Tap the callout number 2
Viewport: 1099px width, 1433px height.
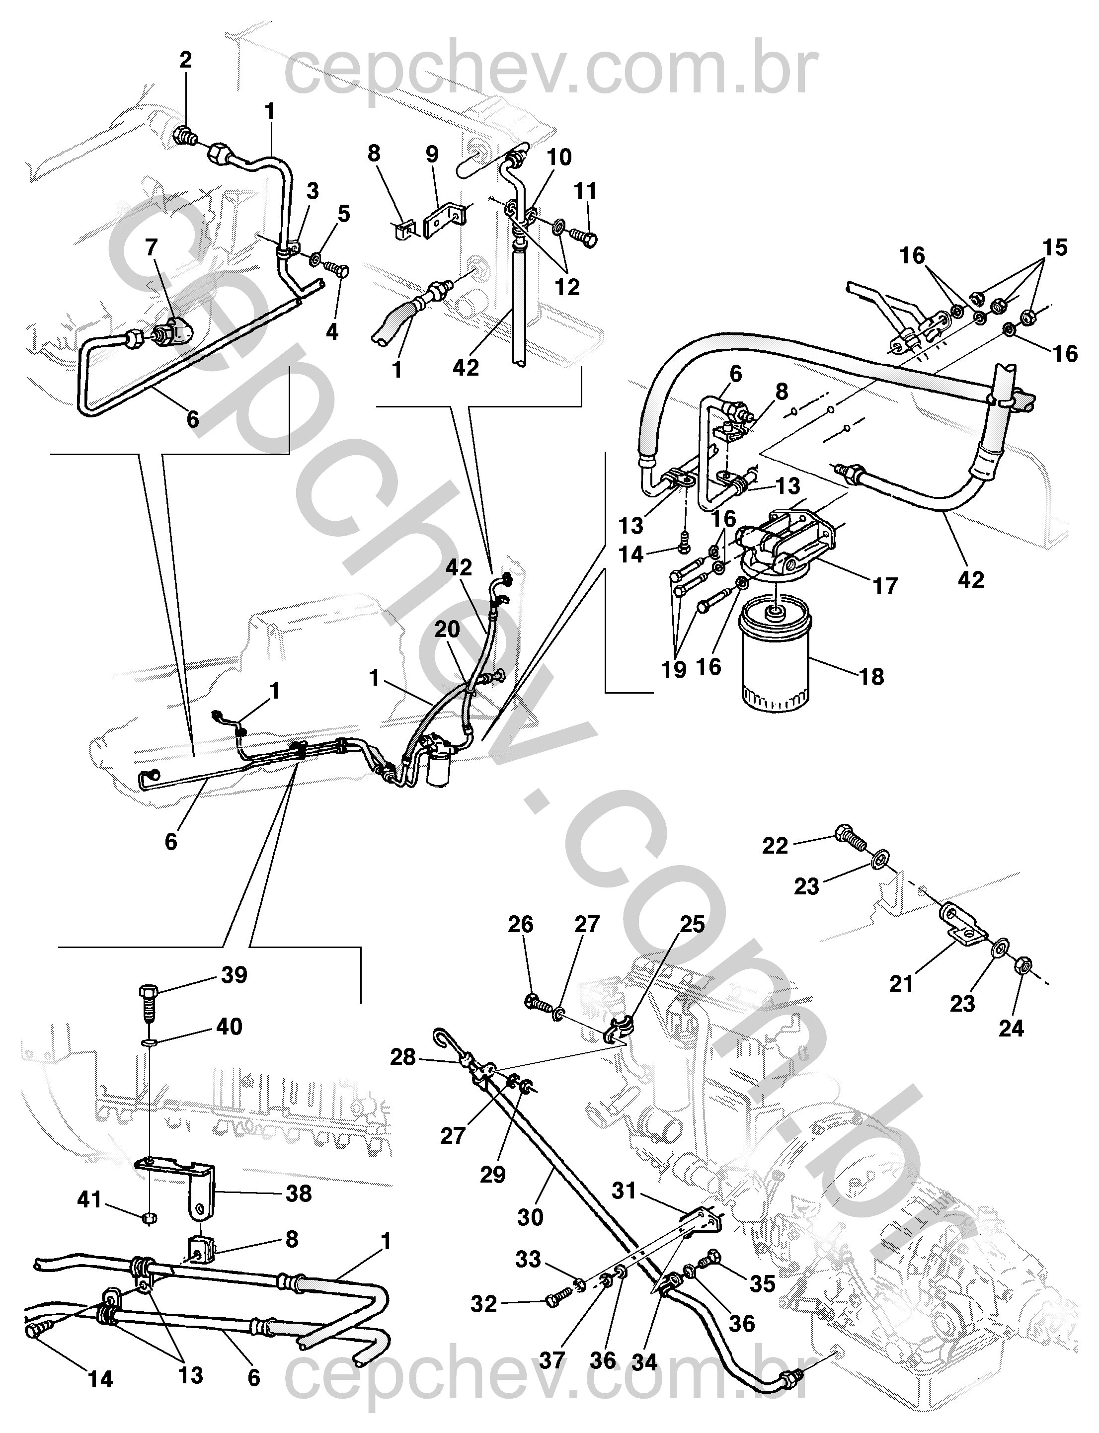point(186,60)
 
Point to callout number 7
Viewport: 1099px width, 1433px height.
point(152,247)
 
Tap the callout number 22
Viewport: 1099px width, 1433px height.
point(776,846)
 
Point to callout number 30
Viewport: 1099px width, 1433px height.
point(531,1217)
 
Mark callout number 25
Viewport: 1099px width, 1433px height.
point(693,924)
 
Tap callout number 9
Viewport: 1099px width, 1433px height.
point(432,155)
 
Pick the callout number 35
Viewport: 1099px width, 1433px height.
point(763,1284)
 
